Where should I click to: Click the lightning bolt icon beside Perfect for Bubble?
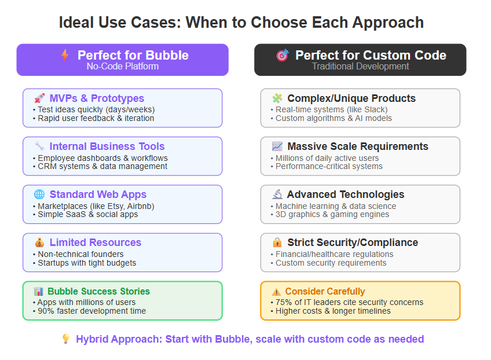[65, 55]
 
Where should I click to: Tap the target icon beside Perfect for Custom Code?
[282, 55]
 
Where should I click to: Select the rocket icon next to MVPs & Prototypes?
[39, 98]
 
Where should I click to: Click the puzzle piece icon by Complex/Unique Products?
[277, 98]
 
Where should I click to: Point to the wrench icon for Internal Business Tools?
[39, 146]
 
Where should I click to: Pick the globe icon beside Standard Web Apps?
[39, 194]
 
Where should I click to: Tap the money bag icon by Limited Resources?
[39, 243]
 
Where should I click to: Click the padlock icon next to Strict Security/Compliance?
[277, 243]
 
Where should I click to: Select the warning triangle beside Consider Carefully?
[277, 292]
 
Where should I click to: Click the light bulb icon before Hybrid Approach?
[66, 339]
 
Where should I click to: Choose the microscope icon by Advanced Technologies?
[277, 194]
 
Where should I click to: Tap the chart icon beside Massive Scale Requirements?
[277, 146]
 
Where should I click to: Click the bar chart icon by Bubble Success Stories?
[39, 292]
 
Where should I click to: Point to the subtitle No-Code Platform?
[123, 67]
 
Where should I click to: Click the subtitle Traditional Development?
[360, 67]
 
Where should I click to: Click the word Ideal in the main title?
[76, 23]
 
